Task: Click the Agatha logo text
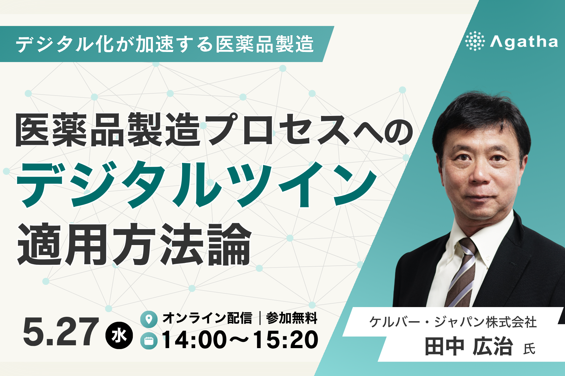click(x=524, y=42)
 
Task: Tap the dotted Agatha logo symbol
click(x=475, y=41)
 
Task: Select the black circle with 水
click(x=119, y=336)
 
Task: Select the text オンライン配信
click(x=207, y=318)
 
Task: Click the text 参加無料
click(x=292, y=318)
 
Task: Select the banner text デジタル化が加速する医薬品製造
click(x=164, y=44)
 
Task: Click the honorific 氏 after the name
click(x=529, y=349)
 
